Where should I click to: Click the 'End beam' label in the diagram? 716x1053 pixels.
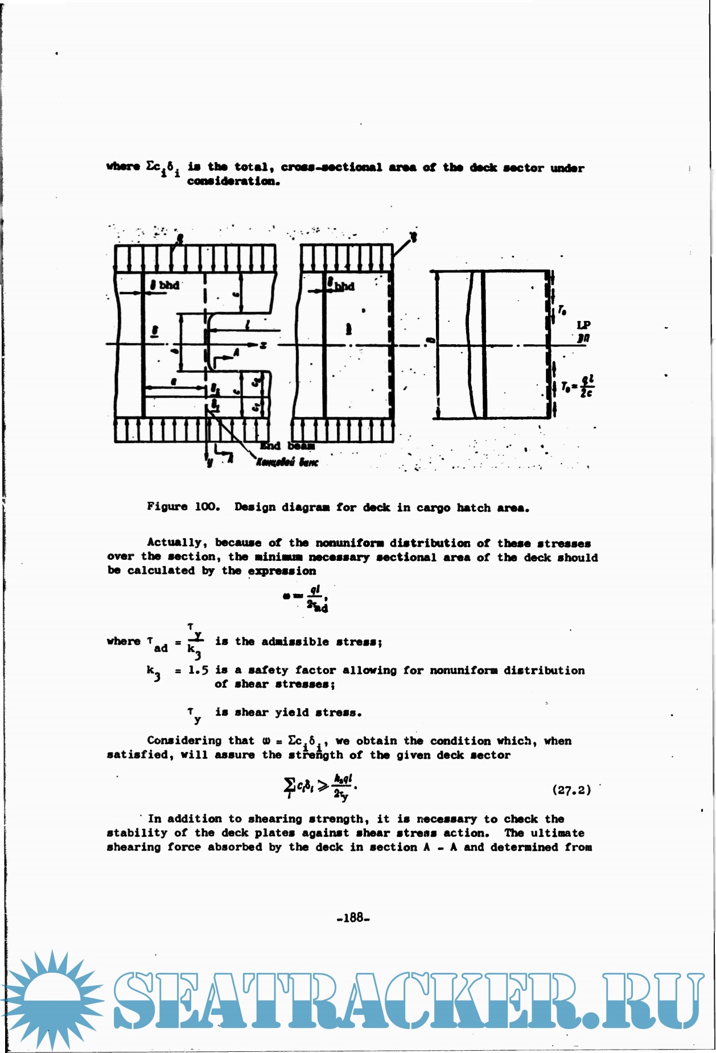click(x=287, y=446)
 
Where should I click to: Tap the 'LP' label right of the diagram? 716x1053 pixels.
click(x=583, y=325)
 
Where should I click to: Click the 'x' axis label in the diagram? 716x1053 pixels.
click(x=263, y=345)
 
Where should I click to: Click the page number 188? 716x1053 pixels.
click(x=353, y=917)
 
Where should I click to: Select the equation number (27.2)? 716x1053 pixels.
click(x=571, y=790)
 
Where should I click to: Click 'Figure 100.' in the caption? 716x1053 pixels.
click(x=183, y=506)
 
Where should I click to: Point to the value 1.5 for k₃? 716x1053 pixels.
click(x=198, y=670)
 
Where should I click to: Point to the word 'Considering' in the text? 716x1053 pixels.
click(x=184, y=740)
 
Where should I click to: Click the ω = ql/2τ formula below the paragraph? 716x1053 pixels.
click(x=306, y=599)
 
